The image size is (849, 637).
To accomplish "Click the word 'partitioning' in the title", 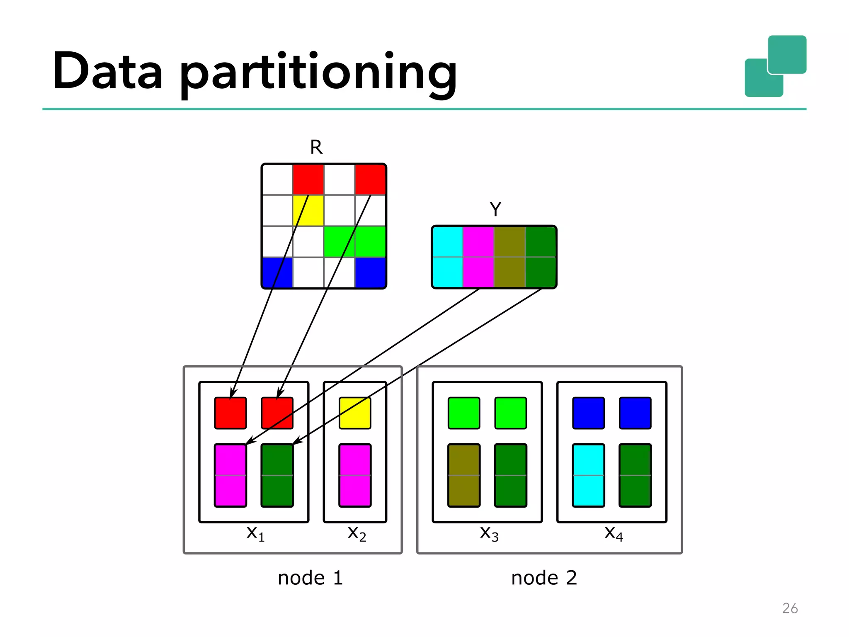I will click(x=318, y=71).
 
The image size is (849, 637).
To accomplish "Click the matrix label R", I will click(x=316, y=147).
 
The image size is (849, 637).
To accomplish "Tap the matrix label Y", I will click(x=495, y=209).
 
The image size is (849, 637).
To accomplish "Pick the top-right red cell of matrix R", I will click(x=370, y=179).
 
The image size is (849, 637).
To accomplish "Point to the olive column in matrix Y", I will click(x=509, y=257).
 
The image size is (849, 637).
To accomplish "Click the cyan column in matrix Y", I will click(x=447, y=257).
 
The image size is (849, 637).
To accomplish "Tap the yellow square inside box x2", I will click(x=355, y=413).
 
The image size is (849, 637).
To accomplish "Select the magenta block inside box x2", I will click(x=355, y=475).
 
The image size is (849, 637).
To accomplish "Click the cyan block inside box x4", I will click(x=588, y=475).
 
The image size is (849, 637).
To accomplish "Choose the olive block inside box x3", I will click(x=464, y=475).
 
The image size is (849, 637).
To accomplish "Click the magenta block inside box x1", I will click(x=230, y=475).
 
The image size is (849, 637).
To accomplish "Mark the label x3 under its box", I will click(x=489, y=533).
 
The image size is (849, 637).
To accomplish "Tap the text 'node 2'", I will click(x=544, y=578).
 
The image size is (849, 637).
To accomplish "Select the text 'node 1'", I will click(x=310, y=578).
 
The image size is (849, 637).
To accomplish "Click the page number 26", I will click(x=790, y=608).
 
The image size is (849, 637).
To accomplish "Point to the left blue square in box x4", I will click(x=588, y=413).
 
